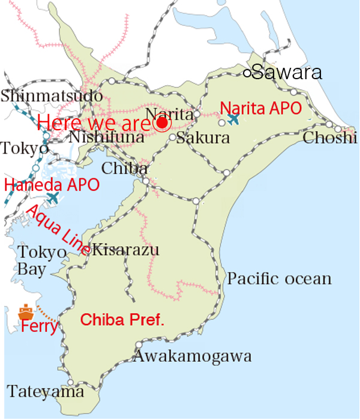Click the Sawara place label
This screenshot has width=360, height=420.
click(287, 73)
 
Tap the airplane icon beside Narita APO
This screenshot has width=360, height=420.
click(233, 119)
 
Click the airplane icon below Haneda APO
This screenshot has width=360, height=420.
click(53, 197)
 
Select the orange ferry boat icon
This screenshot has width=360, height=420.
click(26, 311)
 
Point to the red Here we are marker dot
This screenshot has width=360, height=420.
click(161, 124)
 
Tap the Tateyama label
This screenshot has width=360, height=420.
click(46, 392)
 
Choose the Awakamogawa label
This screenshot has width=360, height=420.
click(192, 356)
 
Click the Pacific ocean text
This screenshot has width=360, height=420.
click(279, 278)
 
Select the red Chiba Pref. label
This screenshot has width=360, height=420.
click(122, 320)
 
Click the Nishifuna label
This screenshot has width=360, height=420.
click(107, 137)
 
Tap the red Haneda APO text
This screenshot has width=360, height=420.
click(52, 184)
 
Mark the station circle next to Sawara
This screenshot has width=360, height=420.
click(247, 73)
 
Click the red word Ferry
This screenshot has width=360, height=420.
click(39, 327)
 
